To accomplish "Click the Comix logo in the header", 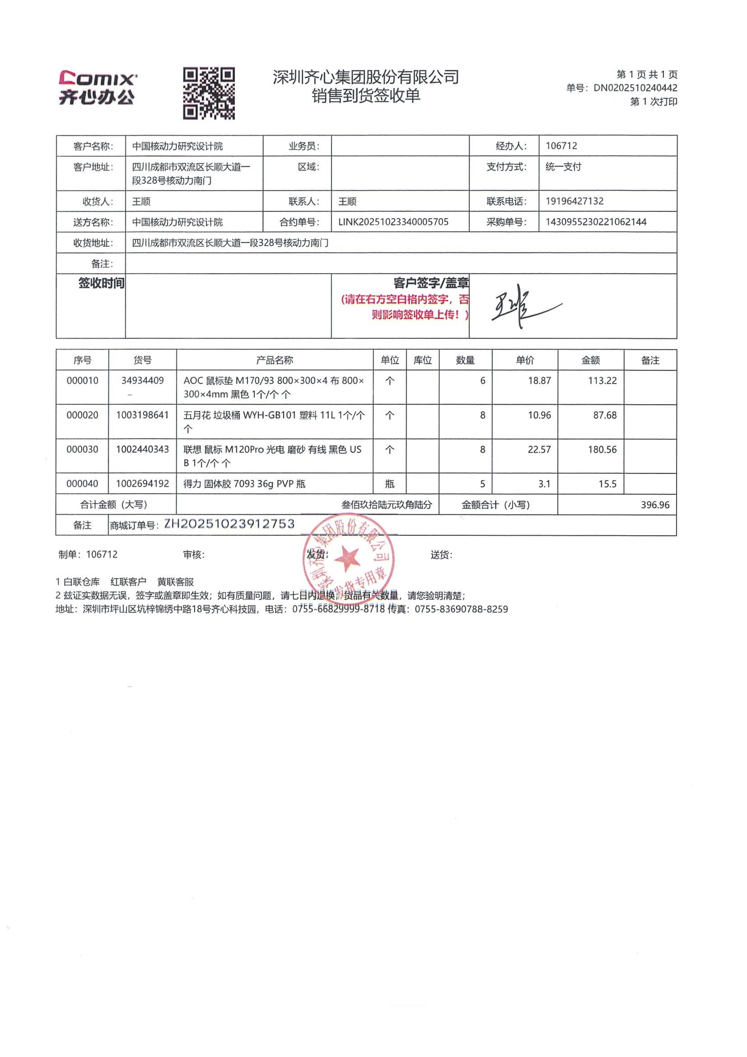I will click(x=97, y=87).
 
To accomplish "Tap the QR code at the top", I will click(x=209, y=93).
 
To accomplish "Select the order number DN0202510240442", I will click(x=635, y=88).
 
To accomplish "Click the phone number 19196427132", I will click(x=574, y=201).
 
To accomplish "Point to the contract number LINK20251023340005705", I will click(x=393, y=222).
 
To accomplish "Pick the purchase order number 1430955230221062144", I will click(x=596, y=222).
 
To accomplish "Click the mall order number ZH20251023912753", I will click(x=229, y=524).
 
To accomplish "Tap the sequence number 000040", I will click(x=82, y=484).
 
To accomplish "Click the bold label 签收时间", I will click(x=101, y=283).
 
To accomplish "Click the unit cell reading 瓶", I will click(x=389, y=484).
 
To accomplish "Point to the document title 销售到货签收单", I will click(x=366, y=96).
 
